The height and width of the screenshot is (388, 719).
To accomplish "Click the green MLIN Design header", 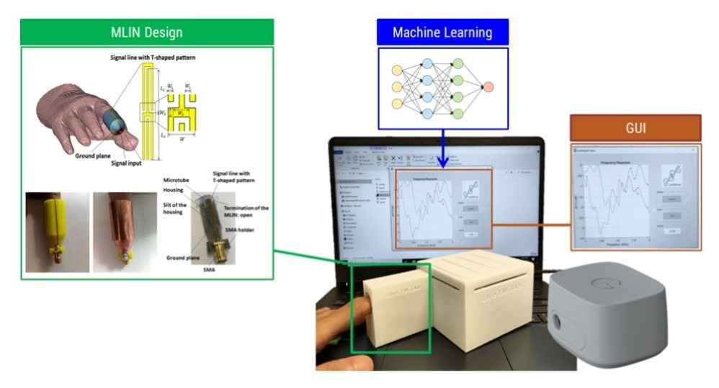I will pyautogui.click(x=147, y=32).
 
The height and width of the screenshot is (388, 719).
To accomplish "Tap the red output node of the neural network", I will pyautogui.click(x=488, y=87).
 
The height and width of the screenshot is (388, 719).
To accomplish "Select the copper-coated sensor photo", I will pyautogui.click(x=123, y=232).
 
